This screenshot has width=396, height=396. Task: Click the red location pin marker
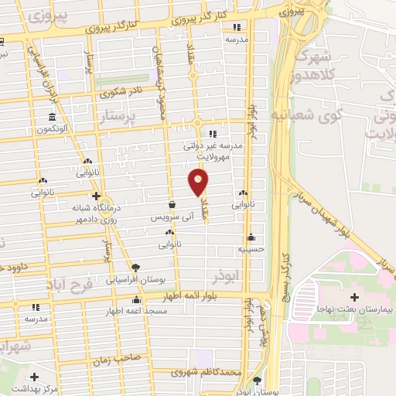pos(199,182)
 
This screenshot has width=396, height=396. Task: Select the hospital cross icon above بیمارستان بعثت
pos(354,297)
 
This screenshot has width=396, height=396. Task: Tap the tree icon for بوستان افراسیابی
pos(136,266)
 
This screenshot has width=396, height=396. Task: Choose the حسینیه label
pos(250,250)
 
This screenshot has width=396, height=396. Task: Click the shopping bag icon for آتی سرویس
pos(170,205)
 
